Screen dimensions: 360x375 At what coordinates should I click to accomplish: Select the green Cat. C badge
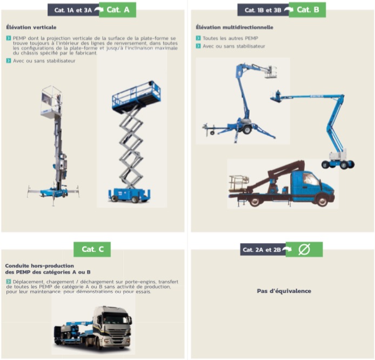click(x=92, y=249)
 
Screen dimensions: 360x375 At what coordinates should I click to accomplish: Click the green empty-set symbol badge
click(x=304, y=249)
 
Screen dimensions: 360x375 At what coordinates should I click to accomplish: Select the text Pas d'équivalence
click(x=284, y=291)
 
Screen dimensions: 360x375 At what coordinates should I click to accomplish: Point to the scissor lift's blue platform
click(x=136, y=98)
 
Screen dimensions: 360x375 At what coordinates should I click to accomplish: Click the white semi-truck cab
click(x=114, y=324)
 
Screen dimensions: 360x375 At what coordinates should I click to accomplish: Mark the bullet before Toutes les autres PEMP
click(x=198, y=38)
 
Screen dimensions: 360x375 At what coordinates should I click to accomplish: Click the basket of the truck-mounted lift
click(x=239, y=183)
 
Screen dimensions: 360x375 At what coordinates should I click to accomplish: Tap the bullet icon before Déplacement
click(x=8, y=282)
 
